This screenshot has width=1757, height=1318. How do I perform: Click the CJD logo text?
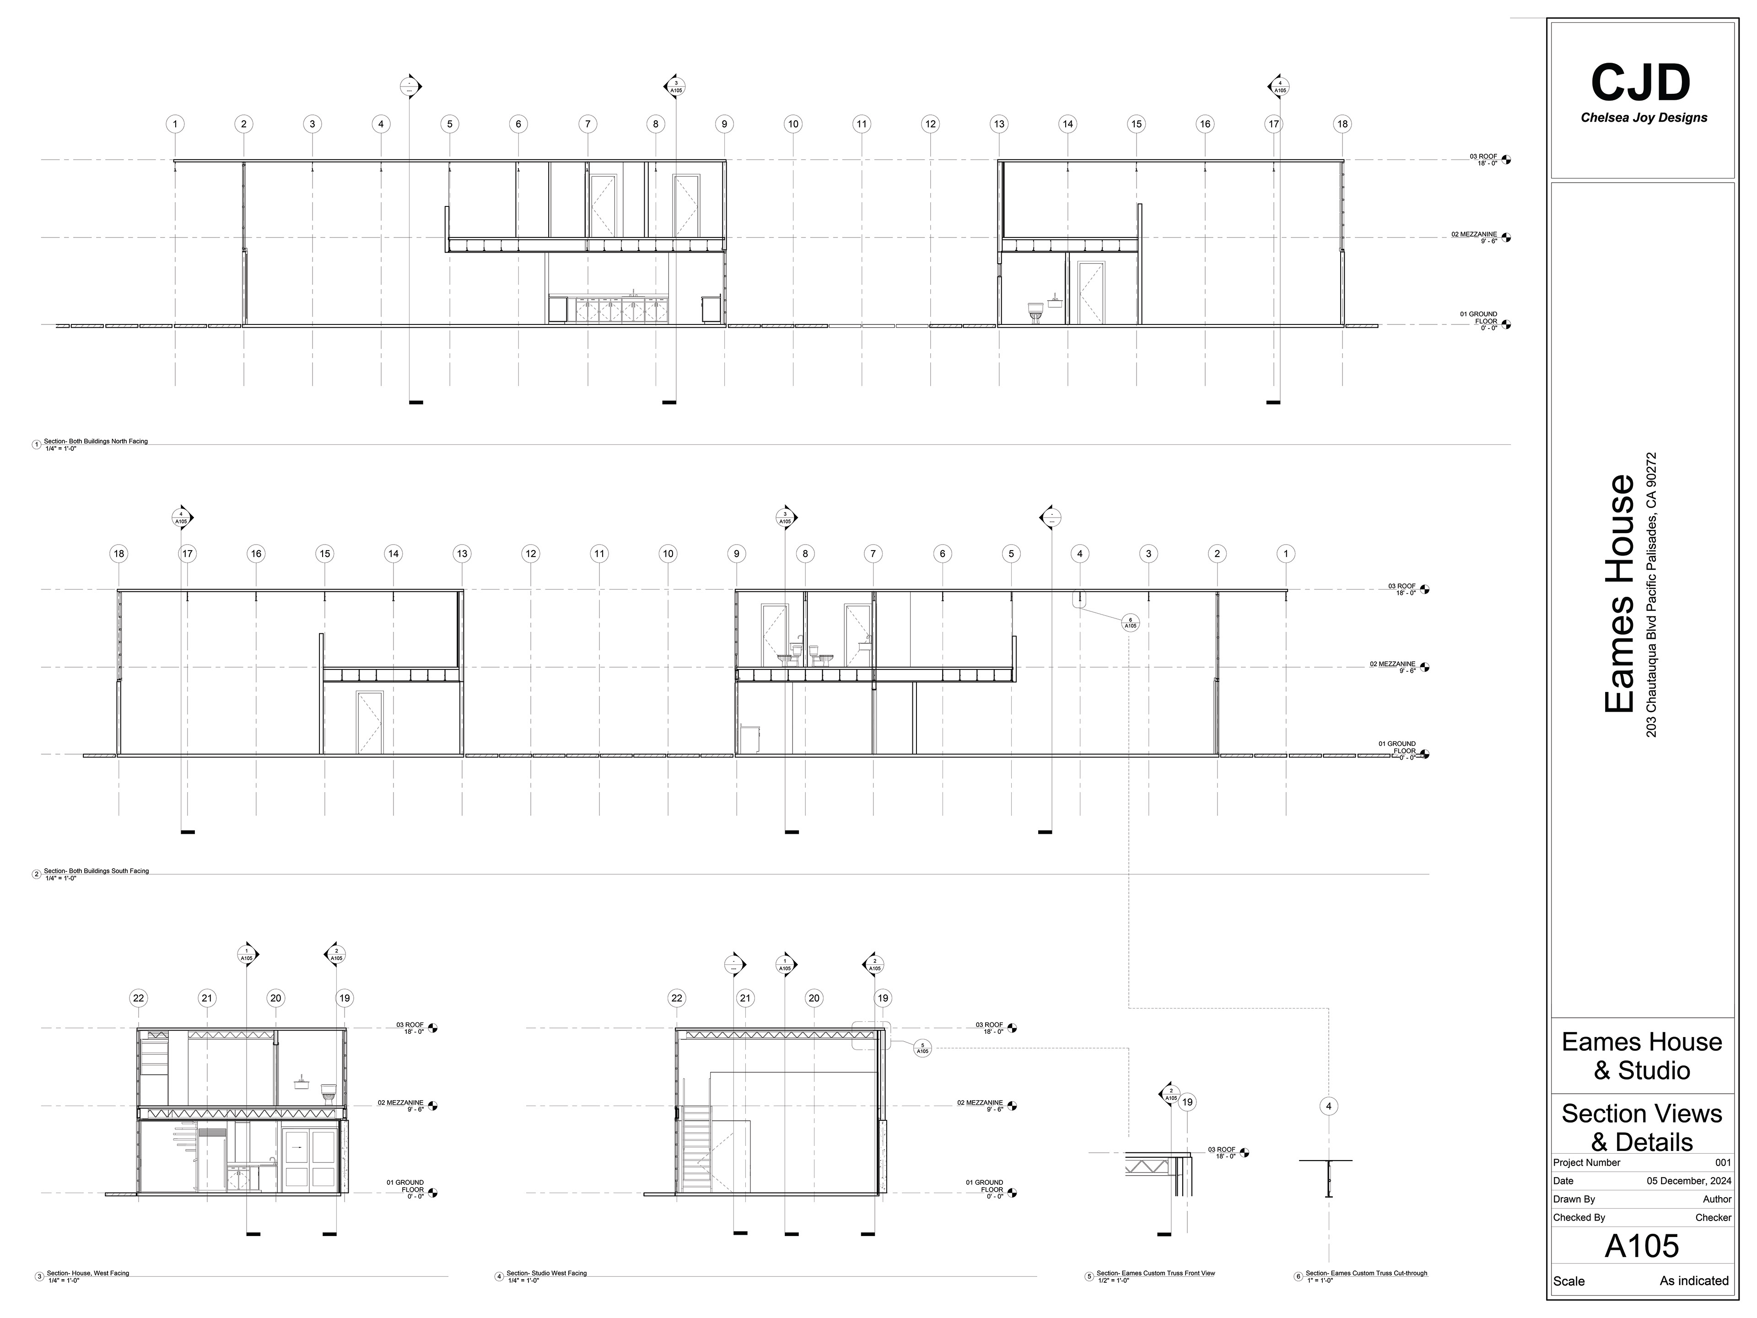pos(1641,83)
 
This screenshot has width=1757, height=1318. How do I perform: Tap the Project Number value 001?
pos(1722,1162)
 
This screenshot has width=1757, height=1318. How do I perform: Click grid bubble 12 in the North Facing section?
pos(930,124)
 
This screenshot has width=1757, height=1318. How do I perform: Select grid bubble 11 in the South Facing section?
pos(599,554)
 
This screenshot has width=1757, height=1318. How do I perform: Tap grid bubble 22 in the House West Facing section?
pos(139,998)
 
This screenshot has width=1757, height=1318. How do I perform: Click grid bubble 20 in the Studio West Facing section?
pos(814,998)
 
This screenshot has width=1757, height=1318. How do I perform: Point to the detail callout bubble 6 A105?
pos(1130,623)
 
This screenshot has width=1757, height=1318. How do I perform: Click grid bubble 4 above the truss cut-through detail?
pos(1328,1106)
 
